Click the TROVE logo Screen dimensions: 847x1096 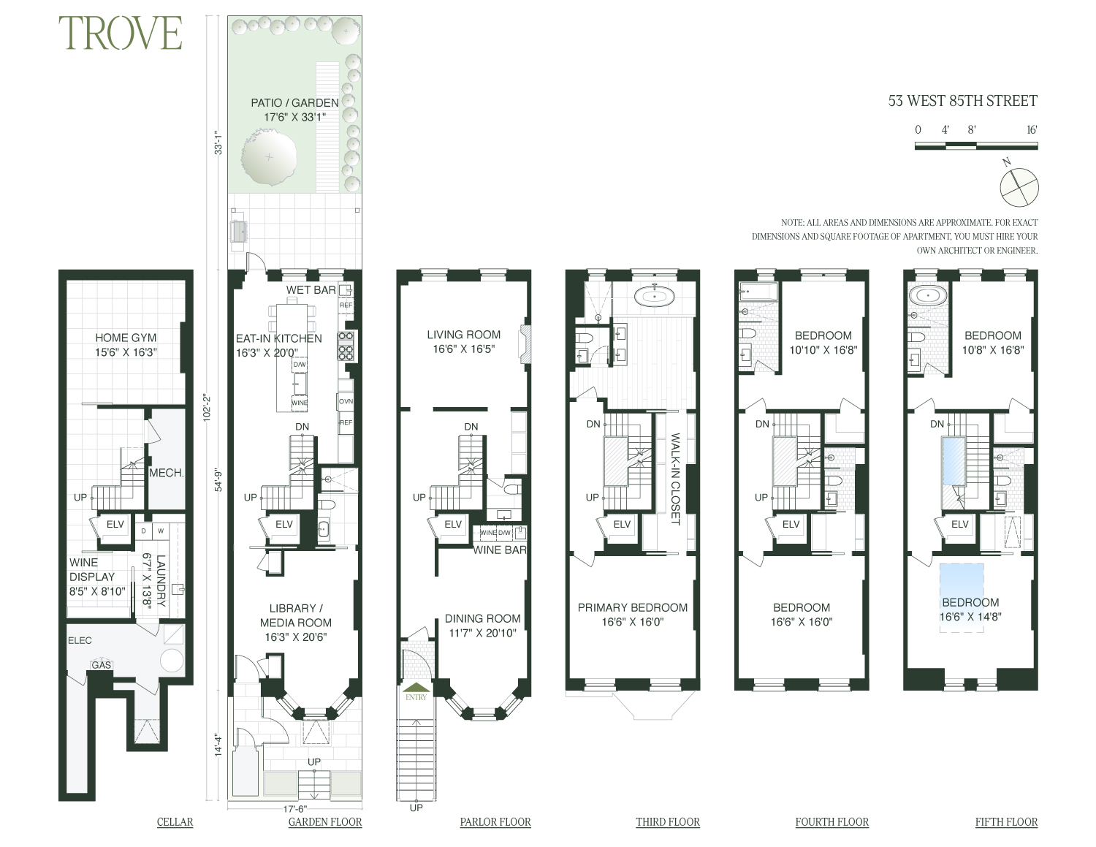coord(121,34)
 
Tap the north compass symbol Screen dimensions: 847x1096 coord(1019,186)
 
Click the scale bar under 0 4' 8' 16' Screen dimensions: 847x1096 coord(975,145)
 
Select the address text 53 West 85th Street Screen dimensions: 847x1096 coord(962,101)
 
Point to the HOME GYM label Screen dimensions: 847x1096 coord(126,338)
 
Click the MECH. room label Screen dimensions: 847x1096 coord(166,473)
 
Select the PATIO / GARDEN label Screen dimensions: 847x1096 coord(294,103)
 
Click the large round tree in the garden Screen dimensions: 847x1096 coord(269,156)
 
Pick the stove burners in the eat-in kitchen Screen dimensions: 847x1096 coord(346,346)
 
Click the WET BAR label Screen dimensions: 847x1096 coord(311,290)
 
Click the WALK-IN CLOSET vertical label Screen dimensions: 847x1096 coord(675,479)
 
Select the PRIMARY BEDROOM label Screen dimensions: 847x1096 coord(632,607)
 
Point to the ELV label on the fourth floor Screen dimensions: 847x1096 coord(791,524)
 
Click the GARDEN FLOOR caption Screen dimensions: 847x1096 coord(325,822)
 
